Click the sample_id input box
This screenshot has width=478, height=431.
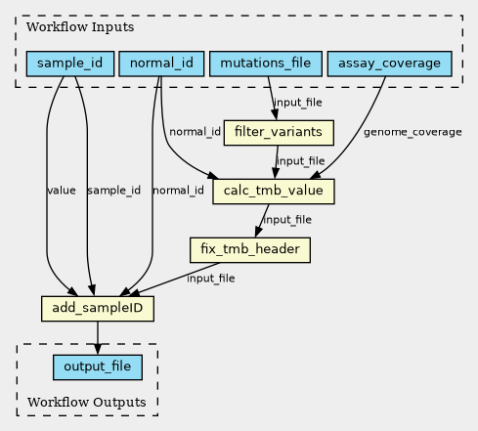click(x=70, y=64)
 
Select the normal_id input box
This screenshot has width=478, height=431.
click(x=161, y=64)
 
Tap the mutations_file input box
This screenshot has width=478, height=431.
click(x=266, y=64)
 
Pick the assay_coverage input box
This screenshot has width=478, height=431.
click(x=389, y=64)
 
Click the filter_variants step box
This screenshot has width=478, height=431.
click(x=279, y=133)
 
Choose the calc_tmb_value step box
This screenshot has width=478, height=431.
click(x=274, y=192)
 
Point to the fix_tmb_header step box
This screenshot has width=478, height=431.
click(x=250, y=250)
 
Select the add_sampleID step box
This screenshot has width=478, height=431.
click(x=98, y=309)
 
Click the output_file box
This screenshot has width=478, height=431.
click(x=98, y=367)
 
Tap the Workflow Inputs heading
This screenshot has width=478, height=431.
click(x=80, y=27)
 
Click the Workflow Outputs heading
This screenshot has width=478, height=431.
click(x=87, y=403)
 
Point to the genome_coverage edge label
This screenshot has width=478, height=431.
click(x=413, y=132)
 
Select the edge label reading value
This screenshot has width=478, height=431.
click(x=62, y=191)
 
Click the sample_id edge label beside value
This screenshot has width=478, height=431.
click(x=114, y=191)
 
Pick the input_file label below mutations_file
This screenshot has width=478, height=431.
click(x=298, y=103)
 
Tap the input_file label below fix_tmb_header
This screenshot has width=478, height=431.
click(x=211, y=279)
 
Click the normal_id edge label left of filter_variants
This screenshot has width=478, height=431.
click(x=195, y=132)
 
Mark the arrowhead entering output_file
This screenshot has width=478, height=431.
click(x=98, y=349)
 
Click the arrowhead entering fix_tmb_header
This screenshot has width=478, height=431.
click(x=258, y=233)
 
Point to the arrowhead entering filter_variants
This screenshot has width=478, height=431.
click(x=275, y=115)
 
